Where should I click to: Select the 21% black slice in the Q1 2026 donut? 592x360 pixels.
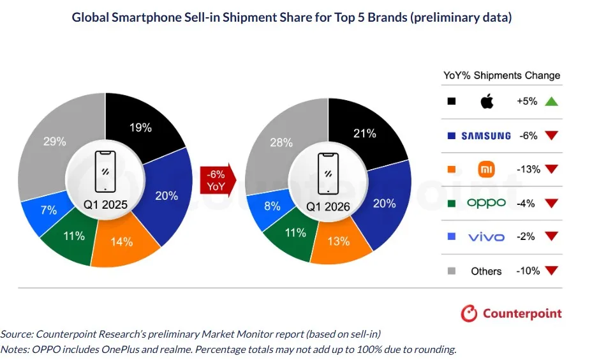[x=364, y=133]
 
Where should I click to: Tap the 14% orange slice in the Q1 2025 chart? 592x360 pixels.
[x=122, y=242]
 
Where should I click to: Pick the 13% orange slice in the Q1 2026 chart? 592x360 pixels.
[x=339, y=241]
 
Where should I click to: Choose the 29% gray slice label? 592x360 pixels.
[x=55, y=142]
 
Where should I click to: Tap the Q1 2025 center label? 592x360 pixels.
[x=105, y=206]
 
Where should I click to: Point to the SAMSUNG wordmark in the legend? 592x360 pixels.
[x=486, y=135]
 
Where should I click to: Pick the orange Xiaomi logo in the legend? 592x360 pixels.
[x=486, y=169]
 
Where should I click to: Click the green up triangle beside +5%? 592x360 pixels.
[x=552, y=101]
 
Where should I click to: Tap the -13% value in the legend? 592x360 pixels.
[x=528, y=169]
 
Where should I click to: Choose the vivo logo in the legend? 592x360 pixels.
[x=486, y=237]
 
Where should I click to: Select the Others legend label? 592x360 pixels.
[x=486, y=271]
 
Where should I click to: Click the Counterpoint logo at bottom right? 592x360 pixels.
[x=512, y=313]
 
